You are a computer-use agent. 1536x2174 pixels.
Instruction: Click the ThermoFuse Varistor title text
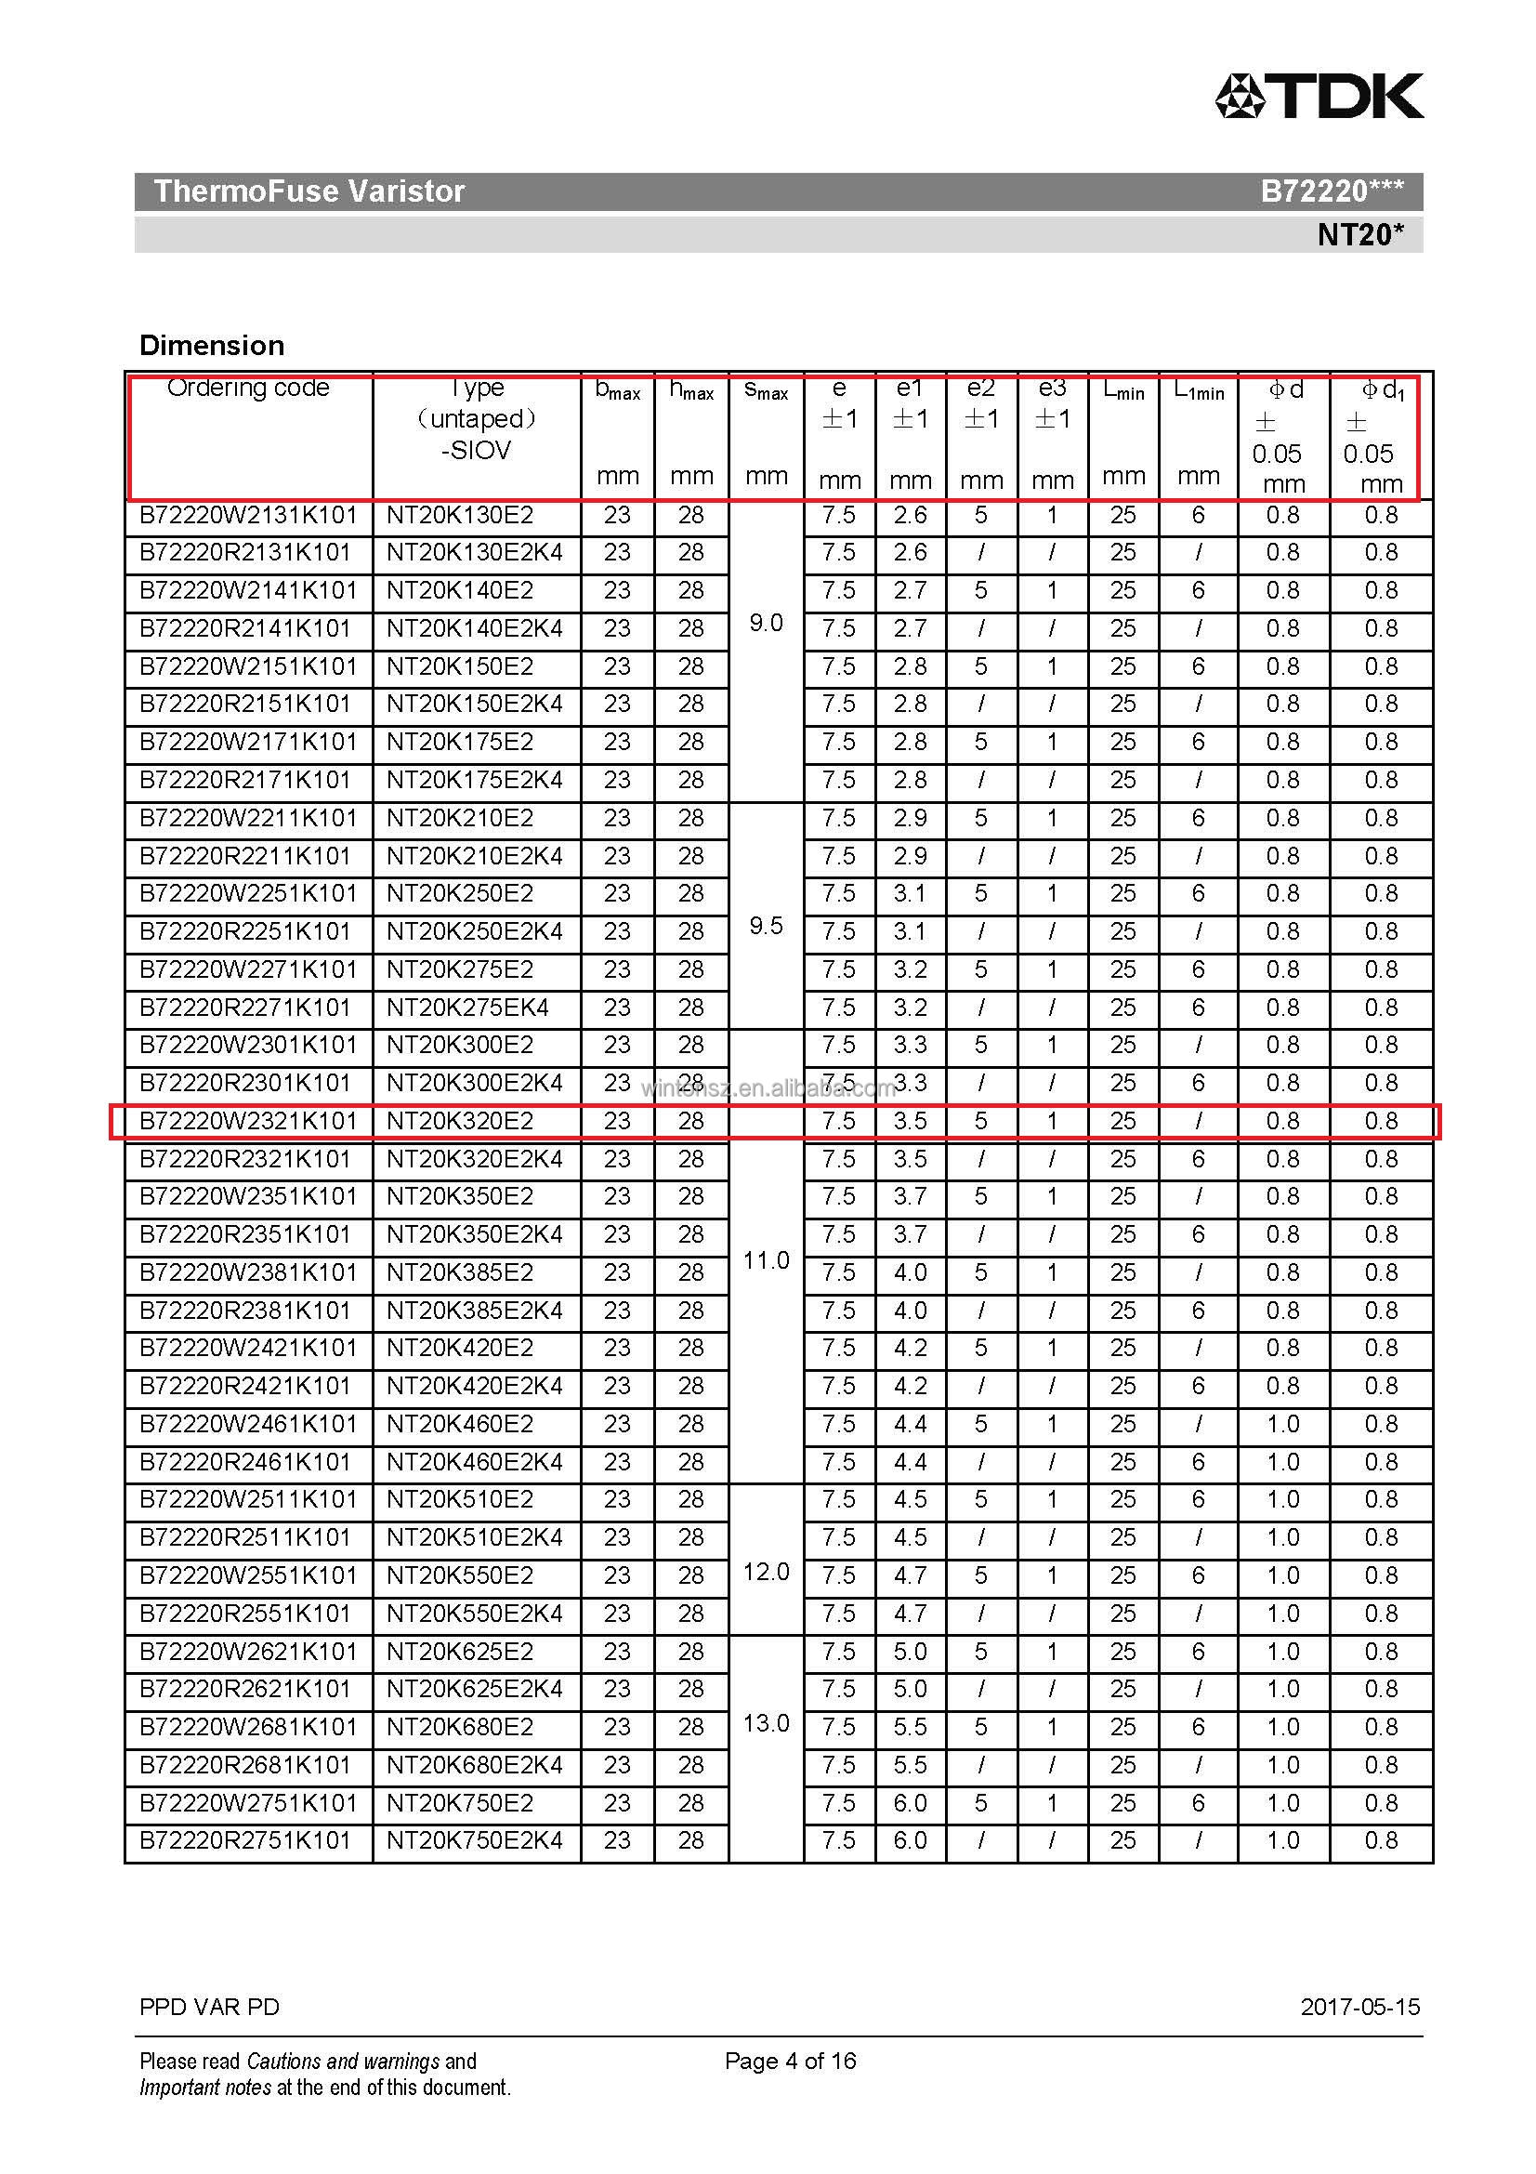[309, 191]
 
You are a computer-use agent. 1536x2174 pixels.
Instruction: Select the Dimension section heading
[211, 345]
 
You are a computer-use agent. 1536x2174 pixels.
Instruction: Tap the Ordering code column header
[248, 388]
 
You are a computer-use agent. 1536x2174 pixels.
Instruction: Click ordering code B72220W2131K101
[248, 515]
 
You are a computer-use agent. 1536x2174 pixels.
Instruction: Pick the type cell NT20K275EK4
[467, 1008]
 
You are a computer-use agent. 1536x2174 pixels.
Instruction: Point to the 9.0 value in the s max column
[766, 623]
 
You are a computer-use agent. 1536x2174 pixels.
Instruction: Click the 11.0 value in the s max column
[766, 1260]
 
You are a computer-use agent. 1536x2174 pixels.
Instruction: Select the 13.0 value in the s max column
[766, 1723]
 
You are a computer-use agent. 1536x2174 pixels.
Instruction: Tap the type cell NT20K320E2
[460, 1121]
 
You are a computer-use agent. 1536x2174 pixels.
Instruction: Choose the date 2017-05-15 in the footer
[1360, 2007]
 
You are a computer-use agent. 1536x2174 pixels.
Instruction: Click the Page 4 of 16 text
[790, 2061]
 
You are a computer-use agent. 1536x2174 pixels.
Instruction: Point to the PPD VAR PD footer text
[209, 2007]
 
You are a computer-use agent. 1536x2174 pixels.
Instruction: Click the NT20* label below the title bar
[1360, 234]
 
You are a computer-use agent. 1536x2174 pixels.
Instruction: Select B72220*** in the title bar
[1332, 191]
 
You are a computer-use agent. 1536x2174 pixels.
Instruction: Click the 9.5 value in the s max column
[766, 925]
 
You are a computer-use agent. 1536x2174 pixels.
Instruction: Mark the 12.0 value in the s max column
[766, 1572]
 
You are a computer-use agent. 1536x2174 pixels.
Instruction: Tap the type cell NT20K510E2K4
[474, 1537]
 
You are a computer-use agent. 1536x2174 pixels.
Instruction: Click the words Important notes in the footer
[205, 2087]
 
